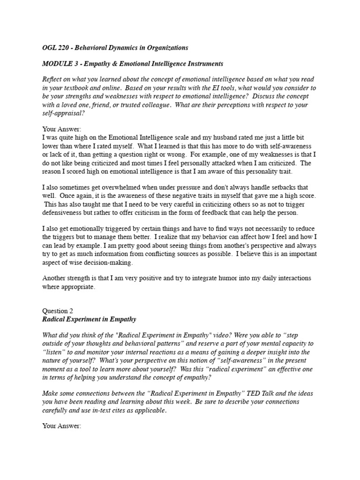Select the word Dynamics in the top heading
123,47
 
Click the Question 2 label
58,311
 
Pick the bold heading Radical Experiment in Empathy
89,319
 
